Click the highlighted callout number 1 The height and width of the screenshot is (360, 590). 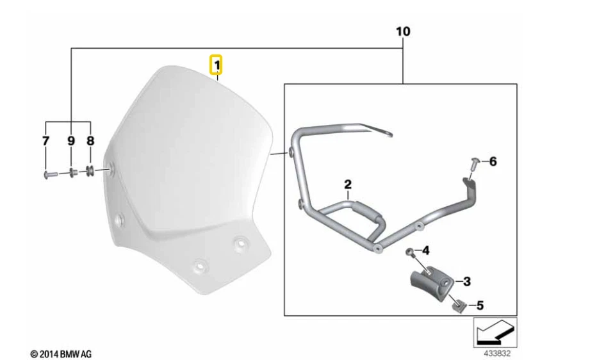(218, 65)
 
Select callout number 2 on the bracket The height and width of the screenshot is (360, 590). (348, 185)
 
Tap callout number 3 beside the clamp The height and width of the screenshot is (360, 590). (466, 281)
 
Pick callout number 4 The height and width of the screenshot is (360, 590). (424, 249)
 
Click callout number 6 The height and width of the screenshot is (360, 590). (492, 162)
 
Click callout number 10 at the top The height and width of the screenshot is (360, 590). (403, 31)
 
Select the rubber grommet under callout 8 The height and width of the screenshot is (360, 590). (90, 171)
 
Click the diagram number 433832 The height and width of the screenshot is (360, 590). (497, 352)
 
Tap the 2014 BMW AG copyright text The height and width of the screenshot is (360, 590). (61, 354)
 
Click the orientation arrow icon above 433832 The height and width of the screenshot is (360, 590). (495, 332)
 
